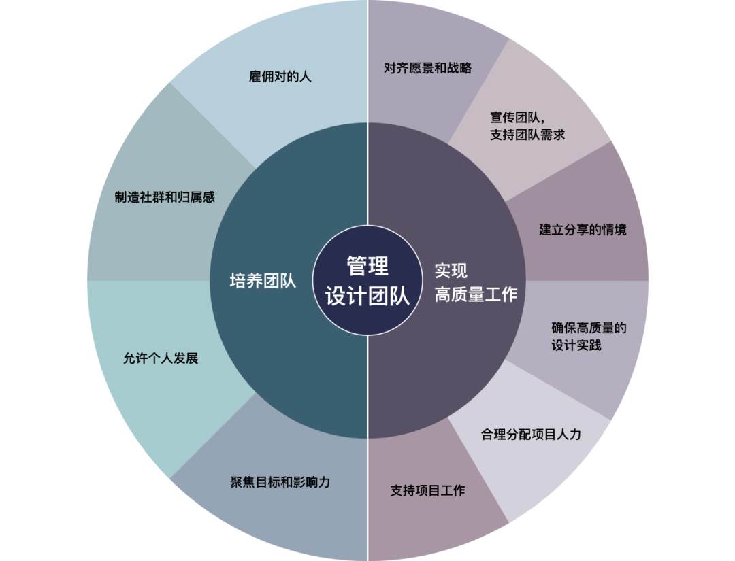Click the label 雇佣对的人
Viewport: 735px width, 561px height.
280,76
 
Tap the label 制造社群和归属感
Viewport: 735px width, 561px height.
165,197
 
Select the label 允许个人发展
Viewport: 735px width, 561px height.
161,358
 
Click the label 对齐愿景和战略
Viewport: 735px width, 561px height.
427,68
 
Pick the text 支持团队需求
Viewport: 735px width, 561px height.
527,135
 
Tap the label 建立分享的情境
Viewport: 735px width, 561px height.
583,229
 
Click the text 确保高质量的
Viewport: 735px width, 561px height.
589,328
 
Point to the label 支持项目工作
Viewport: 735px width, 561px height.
427,490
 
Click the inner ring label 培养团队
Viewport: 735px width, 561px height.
263,281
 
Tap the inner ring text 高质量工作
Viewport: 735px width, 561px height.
476,294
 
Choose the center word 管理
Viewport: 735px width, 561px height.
367,266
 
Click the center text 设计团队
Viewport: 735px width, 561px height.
367,296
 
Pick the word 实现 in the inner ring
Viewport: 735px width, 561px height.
451,271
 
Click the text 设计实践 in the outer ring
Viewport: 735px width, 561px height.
576,345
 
